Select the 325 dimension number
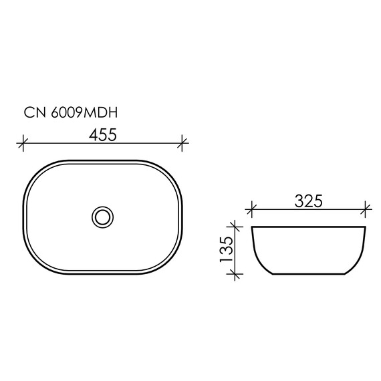(x=309, y=201)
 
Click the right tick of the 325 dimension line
(x=366, y=209)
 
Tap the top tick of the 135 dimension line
(x=233, y=227)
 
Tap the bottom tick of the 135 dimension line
(x=233, y=273)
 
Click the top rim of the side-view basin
(x=308, y=228)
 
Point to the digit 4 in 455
(x=94, y=134)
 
